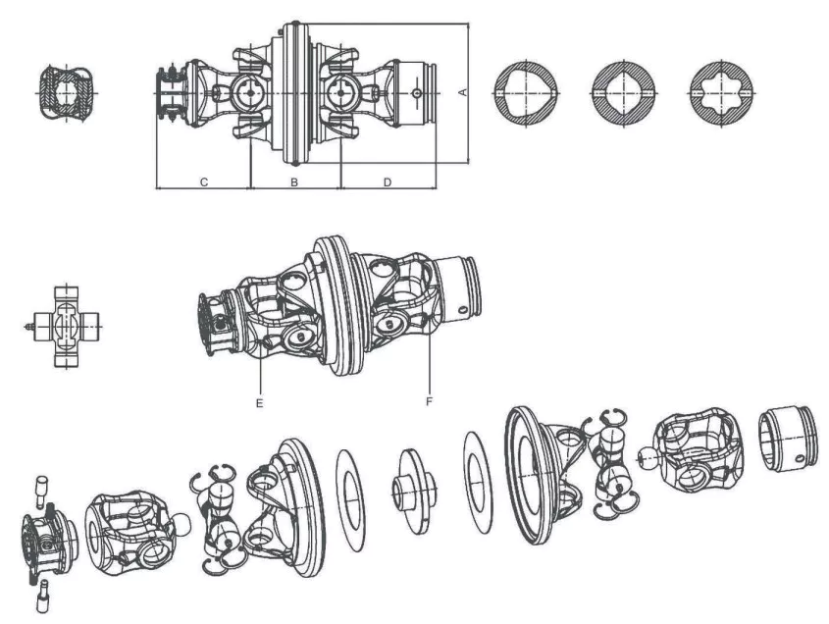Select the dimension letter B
(293, 182)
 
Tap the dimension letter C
(203, 182)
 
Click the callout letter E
(259, 401)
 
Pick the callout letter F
(430, 401)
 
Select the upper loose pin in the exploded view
(42, 485)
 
